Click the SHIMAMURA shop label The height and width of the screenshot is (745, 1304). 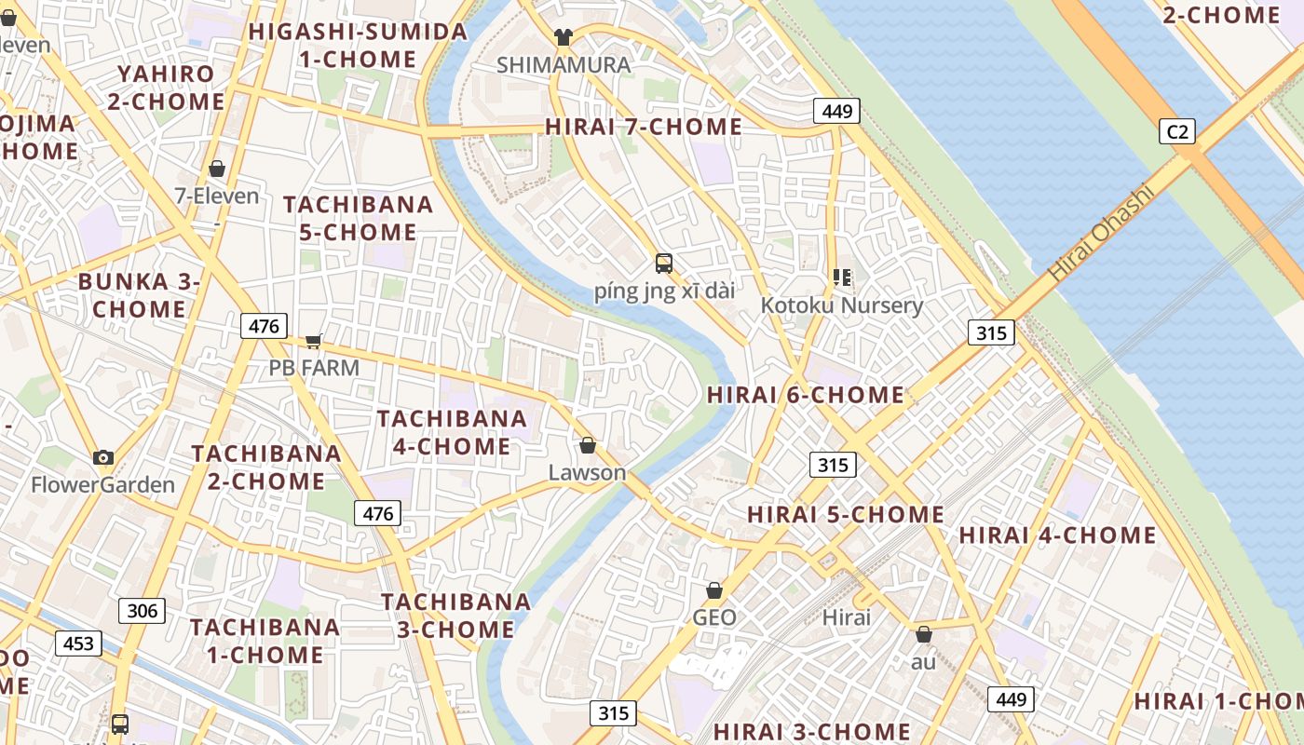point(564,65)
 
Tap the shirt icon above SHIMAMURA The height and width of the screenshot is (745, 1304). point(564,37)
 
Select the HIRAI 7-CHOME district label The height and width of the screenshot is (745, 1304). point(644,127)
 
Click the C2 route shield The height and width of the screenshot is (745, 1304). point(1177,131)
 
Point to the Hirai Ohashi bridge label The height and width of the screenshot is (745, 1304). point(1100,234)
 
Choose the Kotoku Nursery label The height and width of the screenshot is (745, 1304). point(841,305)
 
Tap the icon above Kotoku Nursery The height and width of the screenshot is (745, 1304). point(842,277)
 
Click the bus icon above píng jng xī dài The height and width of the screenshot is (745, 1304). point(664,263)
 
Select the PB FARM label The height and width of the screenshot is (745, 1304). point(314,368)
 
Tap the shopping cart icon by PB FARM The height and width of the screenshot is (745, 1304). point(314,341)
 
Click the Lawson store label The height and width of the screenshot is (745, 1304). point(587,472)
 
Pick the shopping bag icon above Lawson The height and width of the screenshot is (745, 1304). point(587,445)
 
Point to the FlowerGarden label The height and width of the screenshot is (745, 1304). point(102,485)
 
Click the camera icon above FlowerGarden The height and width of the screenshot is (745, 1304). point(103,457)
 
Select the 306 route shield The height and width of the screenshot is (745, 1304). point(142,611)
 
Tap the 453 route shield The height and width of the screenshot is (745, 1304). point(78,643)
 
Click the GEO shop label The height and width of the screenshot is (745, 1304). point(714,617)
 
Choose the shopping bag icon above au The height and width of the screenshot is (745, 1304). point(923,634)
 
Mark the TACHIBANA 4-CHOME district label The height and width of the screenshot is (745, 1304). point(452,432)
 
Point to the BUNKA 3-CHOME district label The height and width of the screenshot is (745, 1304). point(139,294)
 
